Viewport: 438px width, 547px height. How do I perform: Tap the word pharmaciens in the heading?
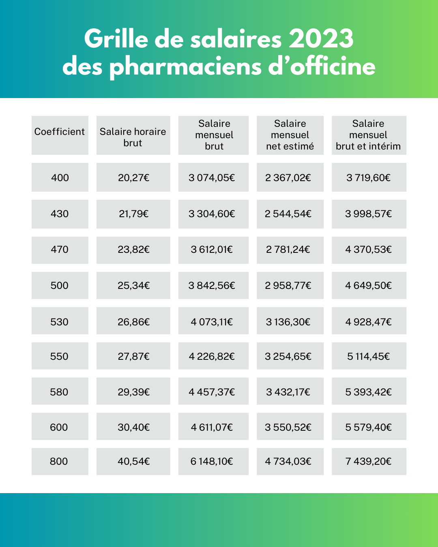[x=186, y=67]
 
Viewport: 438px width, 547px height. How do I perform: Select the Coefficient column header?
[x=60, y=132]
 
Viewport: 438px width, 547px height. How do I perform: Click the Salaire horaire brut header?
[x=133, y=137]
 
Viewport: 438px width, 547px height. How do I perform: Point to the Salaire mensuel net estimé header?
[x=290, y=135]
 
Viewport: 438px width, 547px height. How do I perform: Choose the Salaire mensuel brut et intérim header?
[x=368, y=135]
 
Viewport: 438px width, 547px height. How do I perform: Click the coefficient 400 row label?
[x=60, y=177]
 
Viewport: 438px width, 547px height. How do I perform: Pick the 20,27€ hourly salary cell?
[x=133, y=177]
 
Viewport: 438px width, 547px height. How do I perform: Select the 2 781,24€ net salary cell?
[x=288, y=250]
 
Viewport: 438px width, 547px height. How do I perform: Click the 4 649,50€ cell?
[x=369, y=286]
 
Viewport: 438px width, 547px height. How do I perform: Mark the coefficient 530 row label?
[x=60, y=322]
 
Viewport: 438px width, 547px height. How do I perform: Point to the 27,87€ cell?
[x=133, y=357]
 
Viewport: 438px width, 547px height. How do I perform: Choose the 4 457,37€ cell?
[x=212, y=392]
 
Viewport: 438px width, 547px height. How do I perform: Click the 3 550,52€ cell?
[x=288, y=427]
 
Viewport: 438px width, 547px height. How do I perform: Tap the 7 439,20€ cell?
[x=369, y=462]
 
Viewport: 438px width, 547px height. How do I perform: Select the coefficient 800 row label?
[x=59, y=462]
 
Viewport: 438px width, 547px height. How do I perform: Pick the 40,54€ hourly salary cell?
[x=133, y=462]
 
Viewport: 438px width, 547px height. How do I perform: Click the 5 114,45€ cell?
[x=369, y=357]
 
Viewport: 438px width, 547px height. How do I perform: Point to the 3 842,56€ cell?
[x=212, y=286]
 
